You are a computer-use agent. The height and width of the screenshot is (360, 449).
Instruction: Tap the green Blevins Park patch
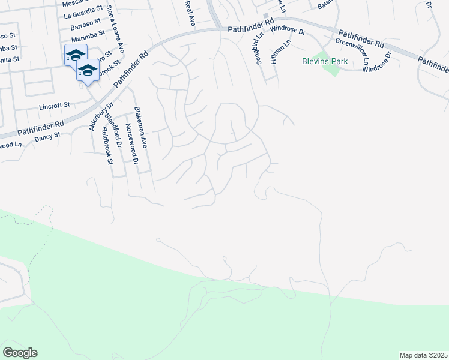[x=331, y=68]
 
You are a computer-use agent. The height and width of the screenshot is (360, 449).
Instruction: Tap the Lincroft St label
[x=55, y=106]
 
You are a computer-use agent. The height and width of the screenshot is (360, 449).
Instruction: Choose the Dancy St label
[x=47, y=136]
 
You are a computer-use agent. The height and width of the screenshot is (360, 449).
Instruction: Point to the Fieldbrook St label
[x=107, y=145]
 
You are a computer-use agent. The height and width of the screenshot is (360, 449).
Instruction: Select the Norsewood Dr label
[x=131, y=145]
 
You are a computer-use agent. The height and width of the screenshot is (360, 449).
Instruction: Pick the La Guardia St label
[x=83, y=15]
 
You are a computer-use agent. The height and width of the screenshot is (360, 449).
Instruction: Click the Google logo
[x=20, y=353]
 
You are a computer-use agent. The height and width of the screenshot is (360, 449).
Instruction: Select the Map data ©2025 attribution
[x=423, y=355]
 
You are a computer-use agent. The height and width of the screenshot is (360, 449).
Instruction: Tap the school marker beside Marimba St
[x=76, y=55]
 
